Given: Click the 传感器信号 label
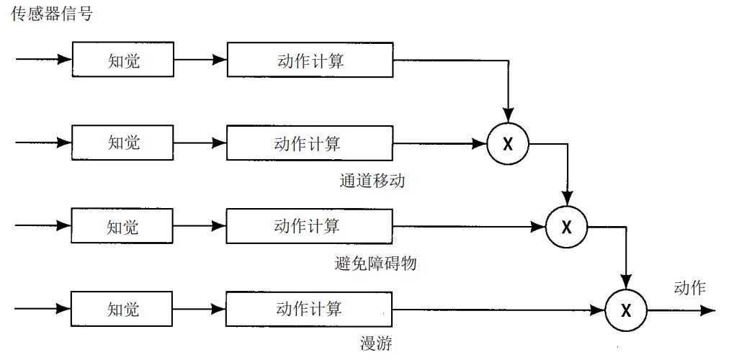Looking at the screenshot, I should coord(52,13).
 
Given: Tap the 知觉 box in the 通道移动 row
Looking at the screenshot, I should coord(124,142).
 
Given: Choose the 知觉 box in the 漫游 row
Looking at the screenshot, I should coord(123,309).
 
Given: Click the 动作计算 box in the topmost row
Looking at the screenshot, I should coord(310,60).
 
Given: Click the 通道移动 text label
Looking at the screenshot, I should coord(372,181).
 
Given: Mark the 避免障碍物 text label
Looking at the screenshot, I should coord(376,264).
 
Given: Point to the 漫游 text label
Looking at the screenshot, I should coord(376,343).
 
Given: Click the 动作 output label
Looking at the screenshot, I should coord(689,288).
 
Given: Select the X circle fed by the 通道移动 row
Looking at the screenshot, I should coord(508,143).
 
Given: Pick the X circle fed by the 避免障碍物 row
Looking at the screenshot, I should coord(567,227).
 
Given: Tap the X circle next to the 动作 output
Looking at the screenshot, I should coord(626,310).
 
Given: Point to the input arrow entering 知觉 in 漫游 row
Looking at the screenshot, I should coord(43,309).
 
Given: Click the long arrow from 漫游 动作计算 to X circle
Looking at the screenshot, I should coord(497,310).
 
